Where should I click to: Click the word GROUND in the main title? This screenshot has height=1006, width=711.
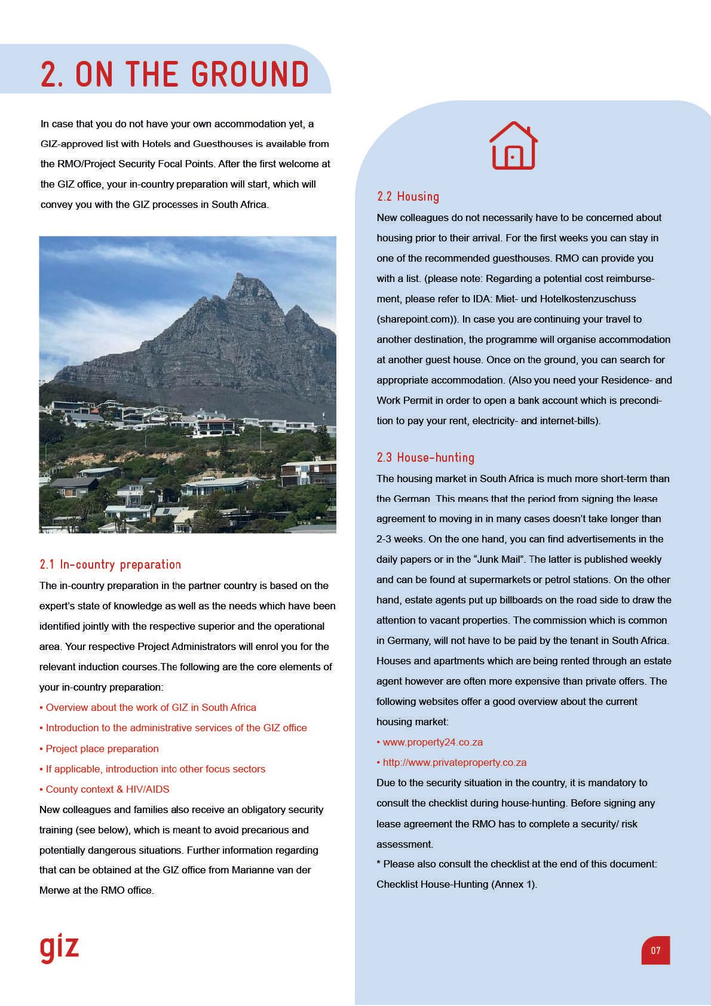coord(250,75)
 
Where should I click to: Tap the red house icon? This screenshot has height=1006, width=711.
coord(513,146)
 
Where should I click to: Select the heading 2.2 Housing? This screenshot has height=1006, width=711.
coord(408,197)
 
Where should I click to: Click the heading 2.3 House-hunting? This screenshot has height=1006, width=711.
coord(425,458)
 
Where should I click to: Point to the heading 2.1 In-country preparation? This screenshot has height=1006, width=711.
coord(110,565)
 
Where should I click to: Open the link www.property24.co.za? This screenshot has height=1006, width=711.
coord(433,742)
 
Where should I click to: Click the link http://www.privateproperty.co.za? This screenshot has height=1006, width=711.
coord(454,762)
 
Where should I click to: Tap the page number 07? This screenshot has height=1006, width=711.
coord(655,950)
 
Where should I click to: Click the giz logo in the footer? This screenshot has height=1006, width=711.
coord(59,948)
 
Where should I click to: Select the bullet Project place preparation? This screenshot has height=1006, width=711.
coord(102,749)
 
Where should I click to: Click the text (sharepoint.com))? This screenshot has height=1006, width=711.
coord(418,319)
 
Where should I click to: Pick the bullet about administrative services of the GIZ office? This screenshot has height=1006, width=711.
coord(176,728)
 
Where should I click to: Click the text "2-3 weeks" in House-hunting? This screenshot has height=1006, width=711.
coord(399,539)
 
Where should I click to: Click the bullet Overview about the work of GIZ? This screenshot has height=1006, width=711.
coord(151,707)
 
